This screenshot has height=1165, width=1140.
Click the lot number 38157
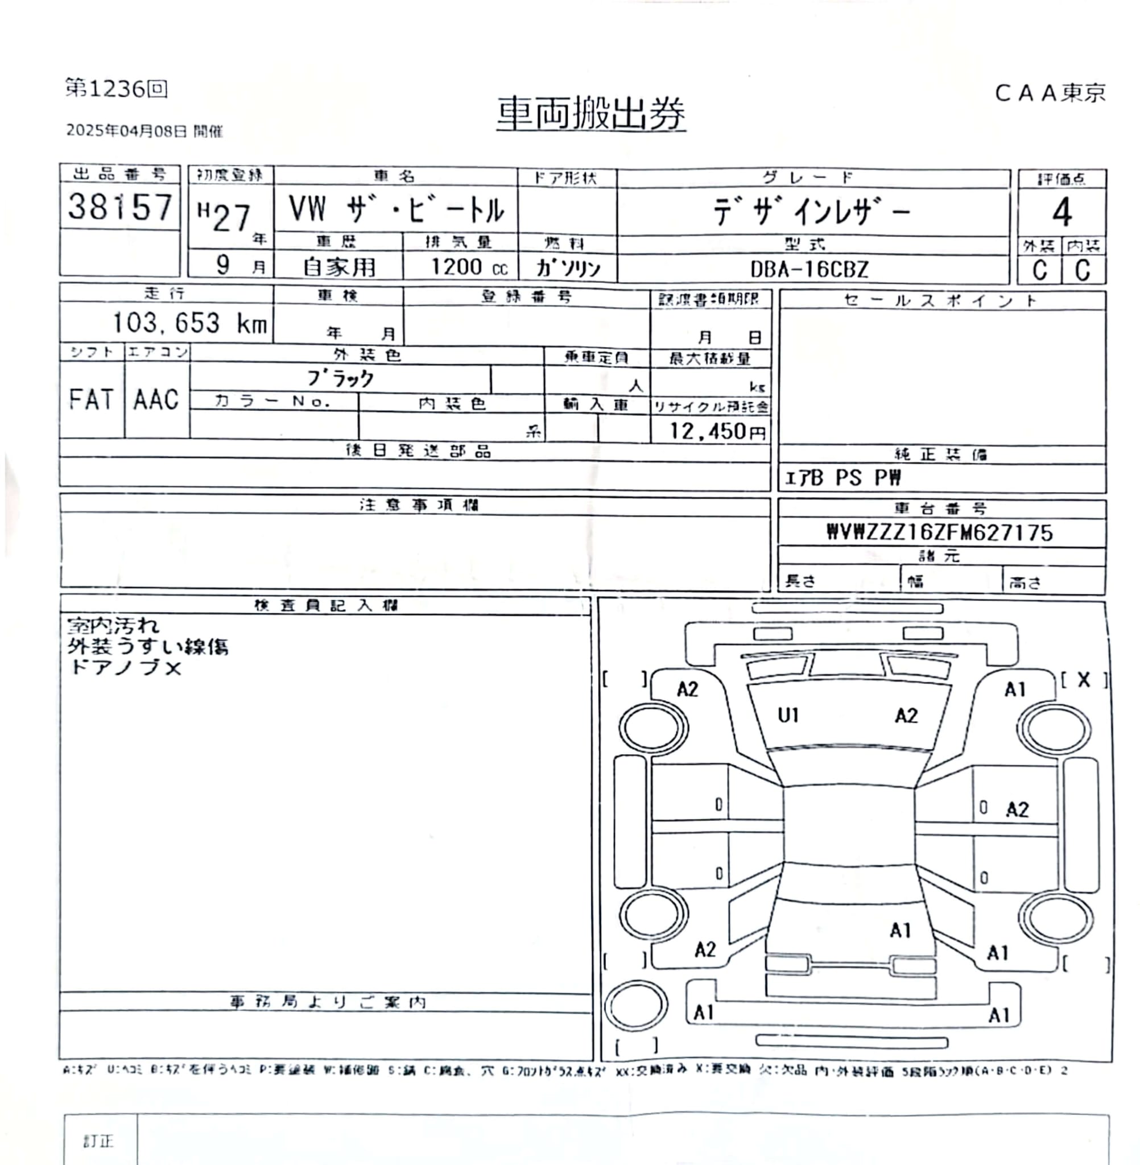pyautogui.click(x=120, y=206)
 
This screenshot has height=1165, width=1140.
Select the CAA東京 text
pyautogui.click(x=1050, y=93)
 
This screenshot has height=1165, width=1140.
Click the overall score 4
pyautogui.click(x=1061, y=213)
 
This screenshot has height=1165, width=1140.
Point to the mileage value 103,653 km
pyautogui.click(x=190, y=323)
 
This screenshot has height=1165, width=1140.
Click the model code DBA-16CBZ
pyautogui.click(x=809, y=270)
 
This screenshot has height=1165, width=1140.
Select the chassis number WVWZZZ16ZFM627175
pyautogui.click(x=939, y=532)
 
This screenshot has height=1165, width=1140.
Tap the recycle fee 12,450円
pyautogui.click(x=717, y=431)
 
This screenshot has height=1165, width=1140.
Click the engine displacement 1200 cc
pyautogui.click(x=469, y=267)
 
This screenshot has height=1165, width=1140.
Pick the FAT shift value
pyautogui.click(x=91, y=399)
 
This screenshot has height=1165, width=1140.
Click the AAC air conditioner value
pyautogui.click(x=156, y=399)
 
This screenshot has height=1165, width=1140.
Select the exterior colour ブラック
pyautogui.click(x=341, y=378)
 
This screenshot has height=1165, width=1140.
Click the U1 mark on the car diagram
pyautogui.click(x=788, y=715)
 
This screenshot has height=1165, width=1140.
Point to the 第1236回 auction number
pyautogui.click(x=116, y=89)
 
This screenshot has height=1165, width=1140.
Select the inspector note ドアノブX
pyautogui.click(x=125, y=668)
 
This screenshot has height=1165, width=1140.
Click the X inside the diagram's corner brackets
pyautogui.click(x=1084, y=679)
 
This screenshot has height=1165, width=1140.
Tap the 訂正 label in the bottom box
pyautogui.click(x=98, y=1141)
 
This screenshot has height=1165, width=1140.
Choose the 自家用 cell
pyautogui.click(x=339, y=267)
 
